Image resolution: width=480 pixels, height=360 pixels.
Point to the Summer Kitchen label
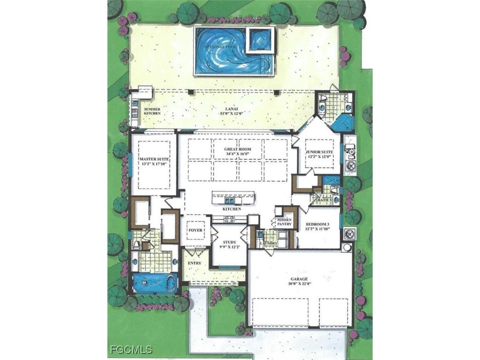tap(152, 111)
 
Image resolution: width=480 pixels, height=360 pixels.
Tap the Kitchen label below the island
tap(232, 209)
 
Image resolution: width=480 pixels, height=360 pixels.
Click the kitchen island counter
tap(233, 197)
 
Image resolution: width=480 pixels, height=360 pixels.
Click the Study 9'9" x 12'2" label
tap(229, 245)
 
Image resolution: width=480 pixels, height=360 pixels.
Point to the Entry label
tap(194, 263)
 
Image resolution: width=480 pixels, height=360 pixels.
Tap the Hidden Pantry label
tap(285, 222)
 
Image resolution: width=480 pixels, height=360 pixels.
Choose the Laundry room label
tap(269, 244)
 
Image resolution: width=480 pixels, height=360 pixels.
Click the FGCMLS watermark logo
tap(131, 350)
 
